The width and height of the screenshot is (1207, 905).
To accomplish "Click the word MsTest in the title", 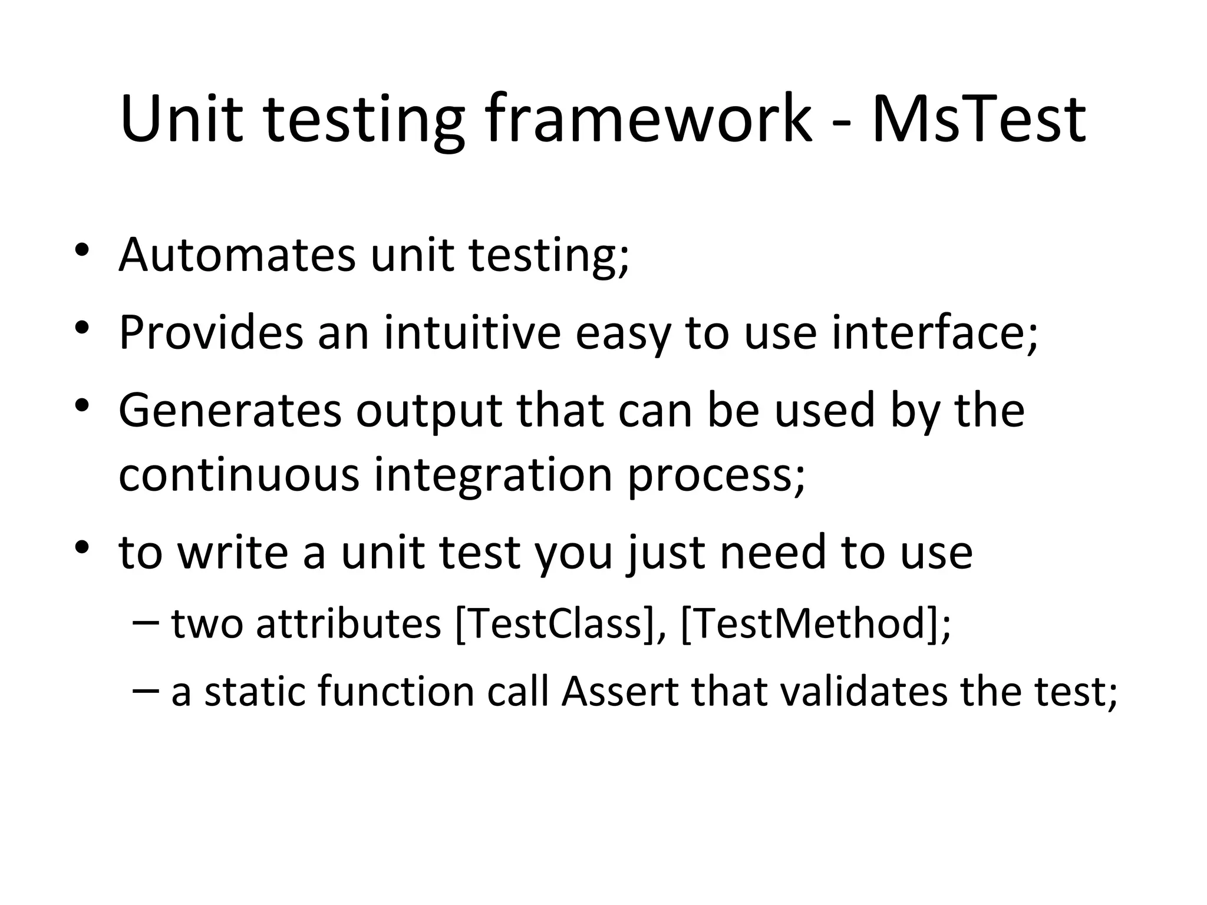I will (x=978, y=120).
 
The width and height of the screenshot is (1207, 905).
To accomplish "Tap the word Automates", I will (x=237, y=255).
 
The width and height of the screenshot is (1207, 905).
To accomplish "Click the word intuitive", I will (x=472, y=333).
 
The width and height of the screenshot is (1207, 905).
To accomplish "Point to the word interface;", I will (x=935, y=333).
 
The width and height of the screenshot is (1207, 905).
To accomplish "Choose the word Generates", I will (x=230, y=411).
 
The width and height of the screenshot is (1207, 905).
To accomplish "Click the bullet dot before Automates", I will (x=81, y=249).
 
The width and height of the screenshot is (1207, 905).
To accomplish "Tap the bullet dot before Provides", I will (x=81, y=326).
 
